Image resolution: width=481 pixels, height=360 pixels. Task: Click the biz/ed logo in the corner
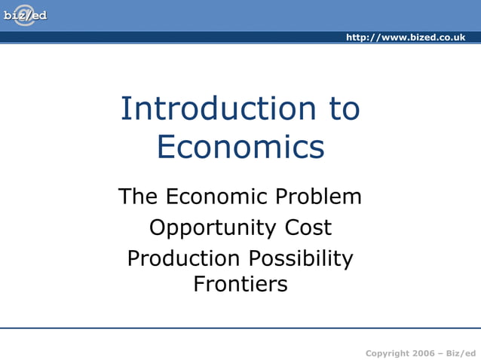(25, 15)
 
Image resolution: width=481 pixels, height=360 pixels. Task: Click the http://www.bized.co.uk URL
(406, 38)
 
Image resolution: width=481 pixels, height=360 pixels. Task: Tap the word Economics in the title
(240, 147)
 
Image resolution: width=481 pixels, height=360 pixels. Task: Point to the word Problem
(318, 197)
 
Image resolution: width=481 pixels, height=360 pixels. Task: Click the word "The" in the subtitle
(137, 197)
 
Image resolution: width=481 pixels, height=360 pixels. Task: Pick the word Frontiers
(240, 285)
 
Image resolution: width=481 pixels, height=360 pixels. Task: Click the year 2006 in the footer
(425, 353)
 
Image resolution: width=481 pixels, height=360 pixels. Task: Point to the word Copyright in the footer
(388, 353)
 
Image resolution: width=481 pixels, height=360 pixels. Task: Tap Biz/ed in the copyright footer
(462, 353)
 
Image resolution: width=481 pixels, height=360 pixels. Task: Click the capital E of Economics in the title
(167, 147)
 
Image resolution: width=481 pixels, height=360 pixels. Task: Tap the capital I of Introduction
(124, 109)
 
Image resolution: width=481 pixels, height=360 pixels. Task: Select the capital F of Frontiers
(199, 285)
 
